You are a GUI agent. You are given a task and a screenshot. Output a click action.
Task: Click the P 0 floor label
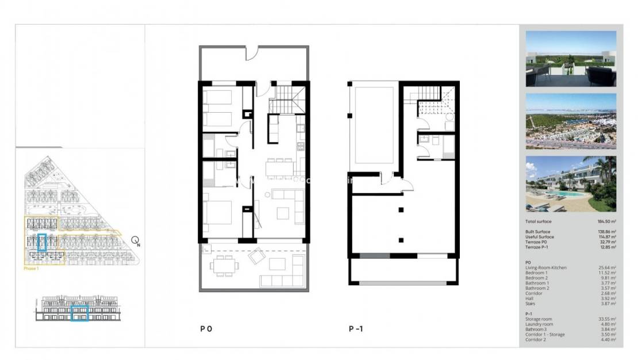click(x=206, y=330)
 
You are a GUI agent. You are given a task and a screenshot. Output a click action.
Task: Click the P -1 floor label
click(x=356, y=330)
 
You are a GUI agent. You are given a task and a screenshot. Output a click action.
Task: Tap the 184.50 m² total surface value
click(x=606, y=221)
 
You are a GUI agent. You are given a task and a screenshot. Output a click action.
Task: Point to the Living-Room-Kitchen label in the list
click(x=547, y=268)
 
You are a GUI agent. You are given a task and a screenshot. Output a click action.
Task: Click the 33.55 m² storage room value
click(x=607, y=319)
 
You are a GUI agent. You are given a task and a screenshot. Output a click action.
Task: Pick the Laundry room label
click(x=540, y=324)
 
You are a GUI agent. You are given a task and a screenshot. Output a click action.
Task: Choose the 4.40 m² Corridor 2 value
click(x=608, y=339)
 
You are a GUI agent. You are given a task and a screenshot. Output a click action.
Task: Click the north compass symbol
click(x=135, y=241)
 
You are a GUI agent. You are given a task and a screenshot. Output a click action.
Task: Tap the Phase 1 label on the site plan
click(x=31, y=268)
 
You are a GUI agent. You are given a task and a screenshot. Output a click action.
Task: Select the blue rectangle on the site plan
click(x=41, y=242)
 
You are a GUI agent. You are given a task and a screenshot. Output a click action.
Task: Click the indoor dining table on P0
click(x=279, y=168)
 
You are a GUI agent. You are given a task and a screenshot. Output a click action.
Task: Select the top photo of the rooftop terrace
click(x=571, y=59)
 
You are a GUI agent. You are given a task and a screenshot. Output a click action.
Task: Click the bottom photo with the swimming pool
click(x=571, y=183)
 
